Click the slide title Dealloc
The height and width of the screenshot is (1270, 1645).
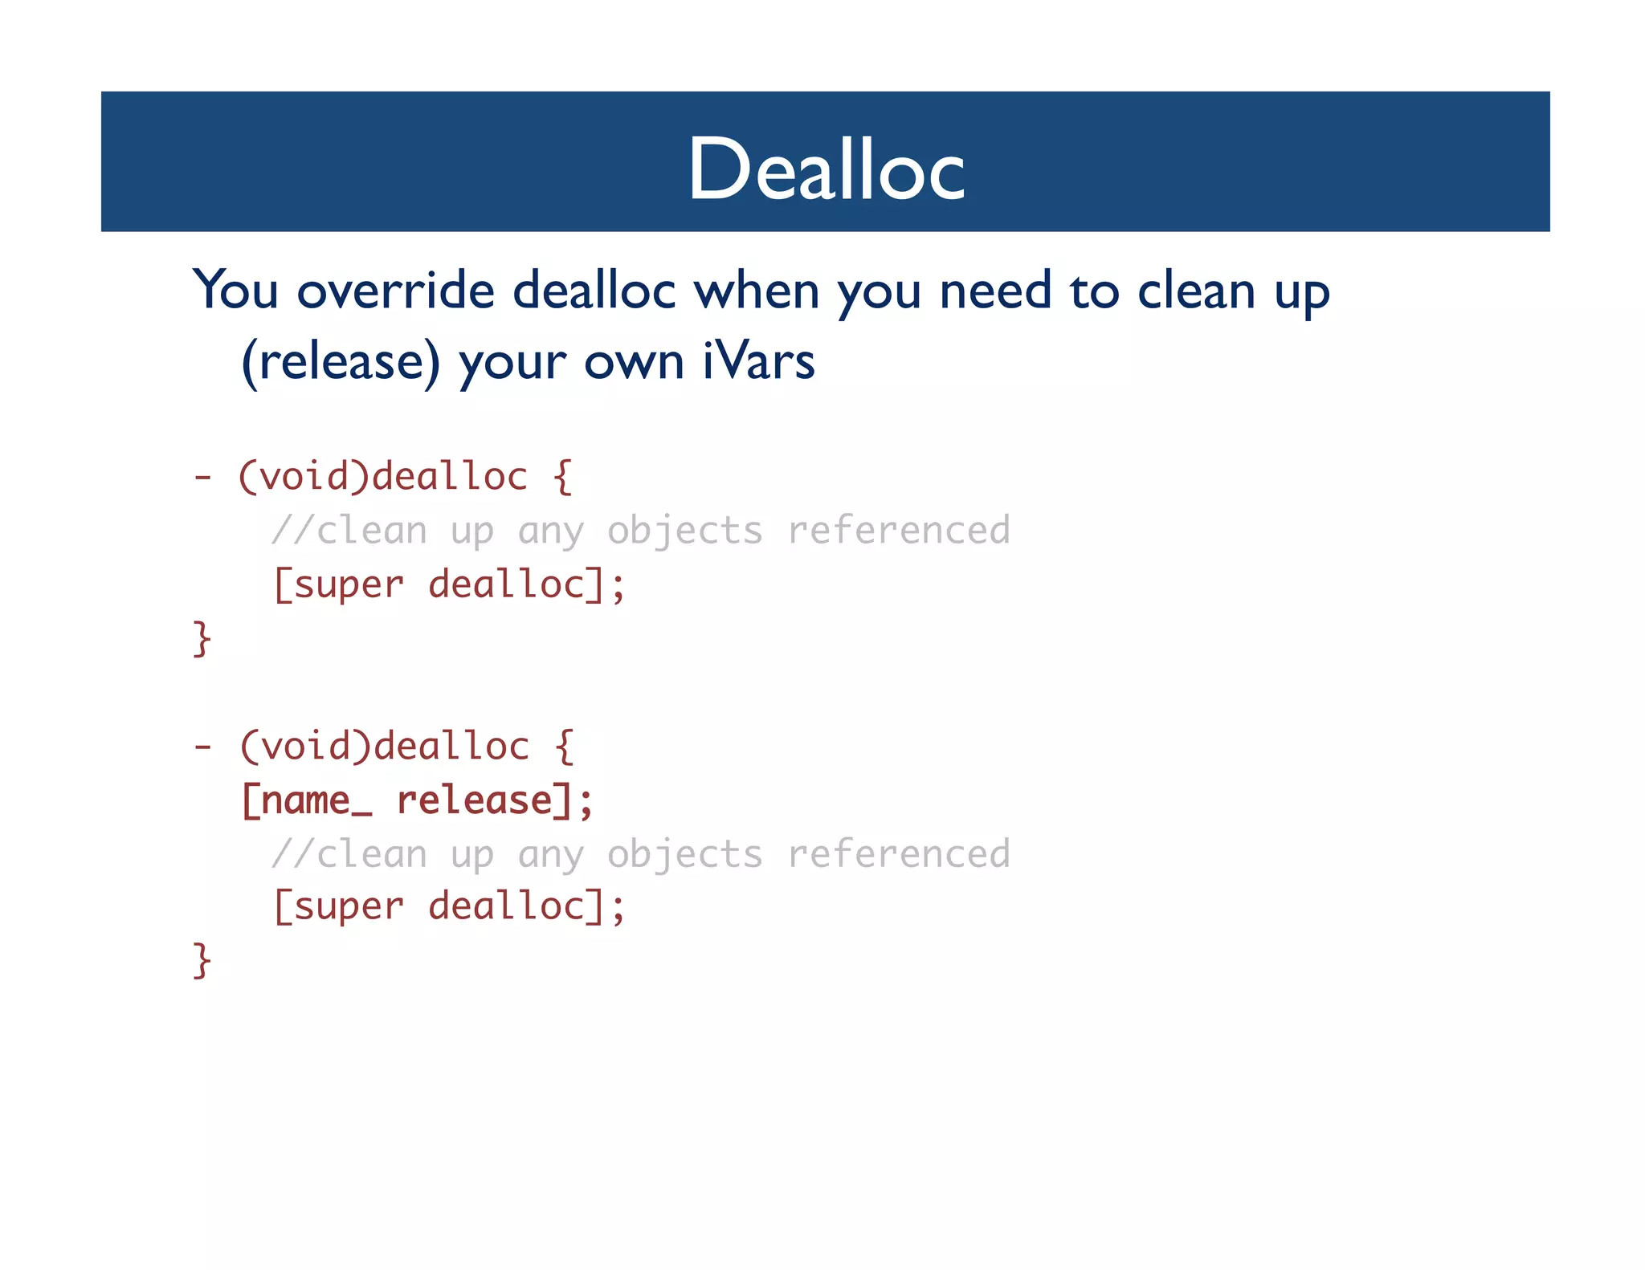pos(826,169)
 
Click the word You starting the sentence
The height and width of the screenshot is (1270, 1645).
pos(235,290)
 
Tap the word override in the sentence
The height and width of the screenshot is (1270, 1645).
pos(395,290)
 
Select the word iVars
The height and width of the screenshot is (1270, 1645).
pos(758,361)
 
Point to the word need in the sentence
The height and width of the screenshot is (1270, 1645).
pos(994,290)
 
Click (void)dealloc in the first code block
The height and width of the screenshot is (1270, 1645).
pos(382,477)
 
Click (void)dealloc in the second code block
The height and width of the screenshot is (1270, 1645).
pos(384,747)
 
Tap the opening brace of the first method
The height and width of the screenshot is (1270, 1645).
pos(562,477)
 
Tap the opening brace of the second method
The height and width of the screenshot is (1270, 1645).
pos(564,747)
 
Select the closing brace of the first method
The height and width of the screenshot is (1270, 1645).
pos(202,639)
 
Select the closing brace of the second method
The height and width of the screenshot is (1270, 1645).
pos(202,960)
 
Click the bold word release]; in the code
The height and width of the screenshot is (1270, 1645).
pos(495,800)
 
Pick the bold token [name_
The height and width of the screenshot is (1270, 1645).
pos(307,800)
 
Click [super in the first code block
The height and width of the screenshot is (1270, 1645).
pos(338,584)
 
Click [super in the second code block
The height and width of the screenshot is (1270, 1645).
pos(338,907)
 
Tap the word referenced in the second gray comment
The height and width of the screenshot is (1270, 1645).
pos(898,853)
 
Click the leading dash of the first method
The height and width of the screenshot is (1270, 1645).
pos(202,478)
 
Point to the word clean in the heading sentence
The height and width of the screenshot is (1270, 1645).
pos(1196,290)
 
